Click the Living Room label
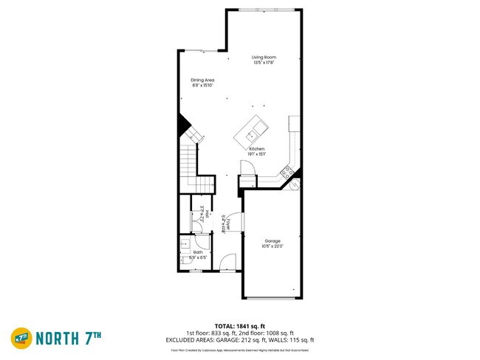tap(263, 57)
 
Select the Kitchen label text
tap(256, 148)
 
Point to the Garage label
tap(273, 240)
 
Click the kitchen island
tap(252, 131)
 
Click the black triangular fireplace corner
tap(182, 125)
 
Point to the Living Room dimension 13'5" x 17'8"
tap(263, 63)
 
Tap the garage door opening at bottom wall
tap(272, 299)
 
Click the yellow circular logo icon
tap(20, 338)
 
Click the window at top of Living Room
tap(263, 10)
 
